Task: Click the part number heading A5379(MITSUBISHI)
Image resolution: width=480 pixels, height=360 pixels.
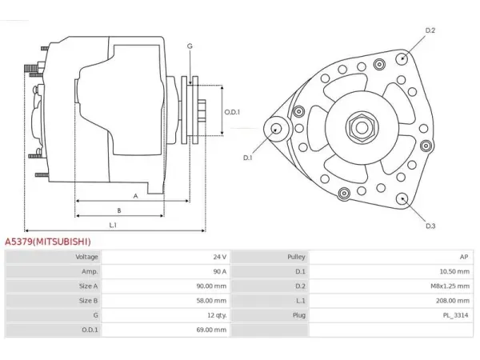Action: pyautogui.click(x=48, y=242)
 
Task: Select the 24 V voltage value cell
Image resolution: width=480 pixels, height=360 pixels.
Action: pyautogui.click(x=220, y=257)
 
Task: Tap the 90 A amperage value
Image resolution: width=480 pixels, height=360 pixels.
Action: pyautogui.click(x=220, y=271)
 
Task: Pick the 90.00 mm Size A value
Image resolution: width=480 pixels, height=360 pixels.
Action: pyautogui.click(x=211, y=286)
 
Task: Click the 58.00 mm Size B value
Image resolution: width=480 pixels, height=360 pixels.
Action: pyautogui.click(x=211, y=301)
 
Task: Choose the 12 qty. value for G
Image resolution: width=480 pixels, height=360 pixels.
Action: pyautogui.click(x=217, y=315)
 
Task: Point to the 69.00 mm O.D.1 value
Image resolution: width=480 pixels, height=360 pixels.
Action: pyautogui.click(x=211, y=330)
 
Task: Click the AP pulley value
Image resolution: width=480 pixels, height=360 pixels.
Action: pyautogui.click(x=464, y=257)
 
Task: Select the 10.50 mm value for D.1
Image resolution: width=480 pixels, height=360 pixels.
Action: pyautogui.click(x=454, y=271)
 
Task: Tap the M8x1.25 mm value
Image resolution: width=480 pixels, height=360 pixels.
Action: pyautogui.click(x=450, y=286)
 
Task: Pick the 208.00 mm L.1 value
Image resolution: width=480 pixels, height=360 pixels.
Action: pyautogui.click(x=453, y=301)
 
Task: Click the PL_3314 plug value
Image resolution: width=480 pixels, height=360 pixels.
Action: pyautogui.click(x=455, y=315)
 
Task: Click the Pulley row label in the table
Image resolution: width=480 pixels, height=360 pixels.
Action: pyautogui.click(x=296, y=257)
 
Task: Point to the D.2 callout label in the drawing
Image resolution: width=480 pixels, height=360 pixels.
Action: pyautogui.click(x=430, y=30)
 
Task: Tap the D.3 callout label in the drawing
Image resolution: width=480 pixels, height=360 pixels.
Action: pyautogui.click(x=430, y=226)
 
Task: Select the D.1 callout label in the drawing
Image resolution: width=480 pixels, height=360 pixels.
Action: pyautogui.click(x=247, y=158)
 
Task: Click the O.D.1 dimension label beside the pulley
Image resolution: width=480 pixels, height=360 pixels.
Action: pyautogui.click(x=232, y=112)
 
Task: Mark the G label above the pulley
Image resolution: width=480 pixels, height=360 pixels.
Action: pyautogui.click(x=190, y=46)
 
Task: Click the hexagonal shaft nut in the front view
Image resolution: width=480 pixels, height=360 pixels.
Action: pyautogui.click(x=362, y=128)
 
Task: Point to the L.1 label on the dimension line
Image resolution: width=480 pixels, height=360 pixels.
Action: pyautogui.click(x=113, y=226)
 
